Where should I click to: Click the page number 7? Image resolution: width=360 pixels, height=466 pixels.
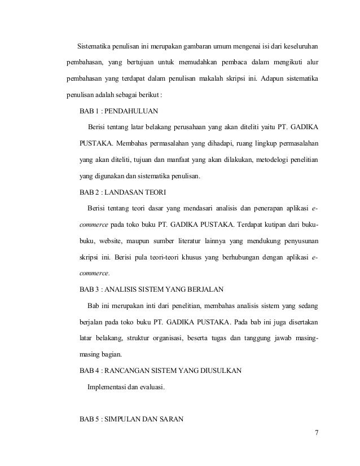(x=317, y=433)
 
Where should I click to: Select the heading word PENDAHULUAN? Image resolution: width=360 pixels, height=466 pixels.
(x=124, y=110)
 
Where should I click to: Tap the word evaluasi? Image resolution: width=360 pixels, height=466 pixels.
(x=151, y=387)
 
